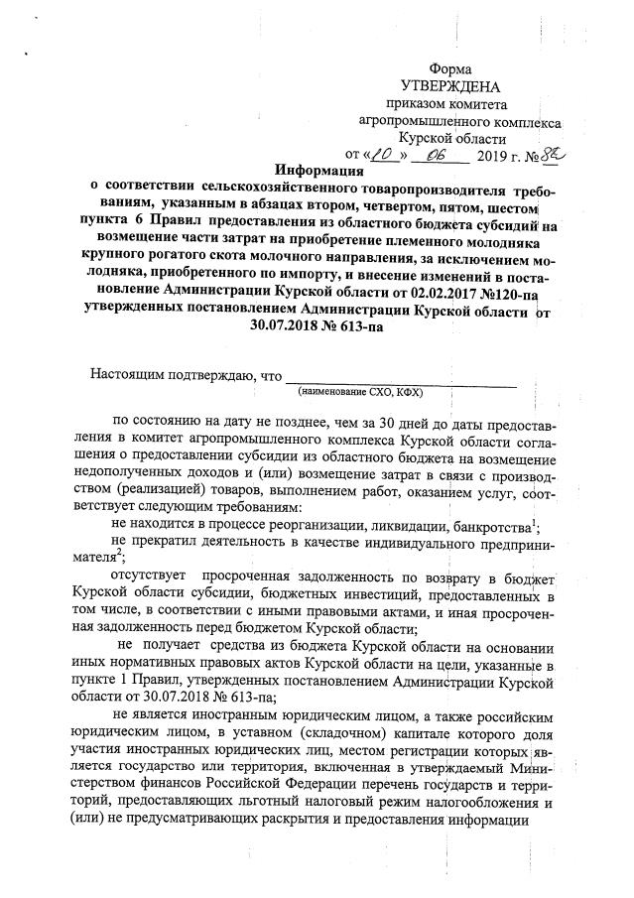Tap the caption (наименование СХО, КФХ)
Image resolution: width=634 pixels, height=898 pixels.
pyautogui.click(x=401, y=392)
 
